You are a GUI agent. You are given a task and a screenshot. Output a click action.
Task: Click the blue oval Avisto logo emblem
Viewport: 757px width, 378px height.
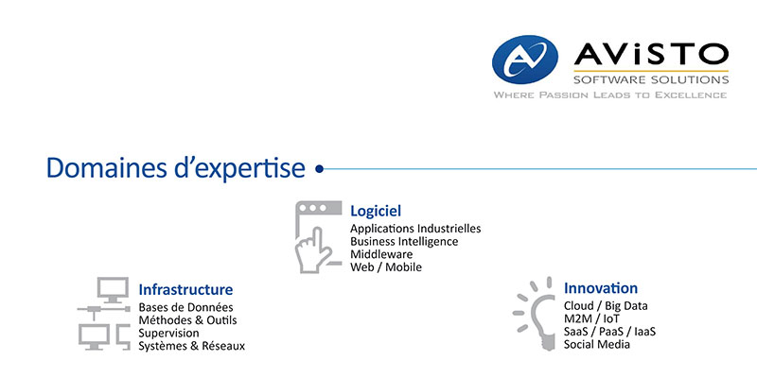point(525,60)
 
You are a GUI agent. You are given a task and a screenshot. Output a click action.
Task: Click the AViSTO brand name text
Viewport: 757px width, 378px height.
point(651,55)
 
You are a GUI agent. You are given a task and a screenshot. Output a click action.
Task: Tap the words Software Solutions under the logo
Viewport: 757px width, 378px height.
point(651,79)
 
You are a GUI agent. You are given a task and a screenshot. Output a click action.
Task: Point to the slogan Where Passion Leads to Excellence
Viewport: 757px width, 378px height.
point(610,95)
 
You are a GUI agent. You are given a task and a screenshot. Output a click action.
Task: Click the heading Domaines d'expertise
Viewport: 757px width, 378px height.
point(176,168)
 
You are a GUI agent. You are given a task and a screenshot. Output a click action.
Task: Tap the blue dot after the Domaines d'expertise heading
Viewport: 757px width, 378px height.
point(319,169)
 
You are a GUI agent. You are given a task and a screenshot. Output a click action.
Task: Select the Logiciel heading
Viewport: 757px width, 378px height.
point(376,211)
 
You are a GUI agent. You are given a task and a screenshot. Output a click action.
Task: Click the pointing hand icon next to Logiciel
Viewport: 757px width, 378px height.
point(314,250)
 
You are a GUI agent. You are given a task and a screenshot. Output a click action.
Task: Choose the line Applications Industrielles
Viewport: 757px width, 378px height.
point(415,228)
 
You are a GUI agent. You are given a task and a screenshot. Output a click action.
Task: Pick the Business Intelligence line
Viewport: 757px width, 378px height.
point(404,241)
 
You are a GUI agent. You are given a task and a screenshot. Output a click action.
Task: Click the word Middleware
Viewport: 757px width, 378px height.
point(381,253)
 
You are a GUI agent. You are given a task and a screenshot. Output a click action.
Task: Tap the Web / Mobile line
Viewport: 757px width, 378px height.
point(386,266)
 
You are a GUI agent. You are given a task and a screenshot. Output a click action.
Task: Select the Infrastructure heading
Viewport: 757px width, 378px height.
point(185,290)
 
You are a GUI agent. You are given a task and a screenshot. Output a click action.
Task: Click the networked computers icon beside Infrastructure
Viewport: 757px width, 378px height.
point(104,313)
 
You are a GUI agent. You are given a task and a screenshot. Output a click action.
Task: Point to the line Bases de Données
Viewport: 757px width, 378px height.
point(185,307)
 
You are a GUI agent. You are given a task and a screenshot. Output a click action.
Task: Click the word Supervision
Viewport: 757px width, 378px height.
point(169,334)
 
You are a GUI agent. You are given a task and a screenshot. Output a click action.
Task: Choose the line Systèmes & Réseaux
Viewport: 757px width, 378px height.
point(192,346)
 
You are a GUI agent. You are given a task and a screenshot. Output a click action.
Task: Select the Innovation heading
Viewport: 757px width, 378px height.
point(601,288)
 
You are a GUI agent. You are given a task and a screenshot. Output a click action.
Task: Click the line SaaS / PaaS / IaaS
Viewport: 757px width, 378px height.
point(609,332)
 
